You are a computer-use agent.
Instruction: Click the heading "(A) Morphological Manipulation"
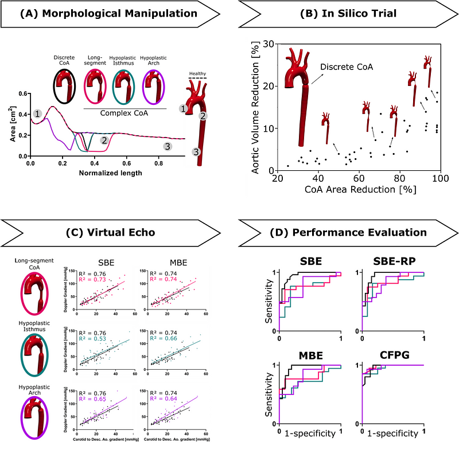pos(108,13)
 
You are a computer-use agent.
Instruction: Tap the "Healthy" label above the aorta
pos(197,73)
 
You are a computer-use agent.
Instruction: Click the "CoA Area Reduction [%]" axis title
pos(359,189)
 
